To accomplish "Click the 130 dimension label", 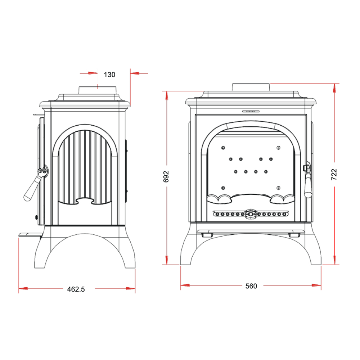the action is click(x=109, y=75).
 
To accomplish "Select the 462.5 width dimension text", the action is click(x=76, y=289).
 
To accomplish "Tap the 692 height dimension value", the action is click(x=166, y=176).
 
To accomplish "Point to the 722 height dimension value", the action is click(x=334, y=175).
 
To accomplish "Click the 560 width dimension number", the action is click(x=251, y=286).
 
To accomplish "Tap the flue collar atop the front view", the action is click(x=251, y=87).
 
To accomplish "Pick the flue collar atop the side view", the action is click(x=98, y=90).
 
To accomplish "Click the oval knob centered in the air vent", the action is click(x=251, y=214).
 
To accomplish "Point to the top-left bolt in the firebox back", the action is click(x=223, y=148).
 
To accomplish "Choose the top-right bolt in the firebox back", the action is click(x=279, y=148).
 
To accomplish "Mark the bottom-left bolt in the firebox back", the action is click(x=223, y=188).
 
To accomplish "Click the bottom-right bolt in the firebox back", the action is click(x=279, y=188).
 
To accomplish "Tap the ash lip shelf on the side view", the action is click(x=31, y=235).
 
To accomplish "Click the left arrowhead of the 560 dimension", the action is click(x=185, y=285).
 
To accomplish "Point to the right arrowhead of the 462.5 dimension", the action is click(x=131, y=288).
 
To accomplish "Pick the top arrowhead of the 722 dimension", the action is click(x=334, y=88).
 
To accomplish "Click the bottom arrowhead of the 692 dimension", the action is click(x=167, y=260).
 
